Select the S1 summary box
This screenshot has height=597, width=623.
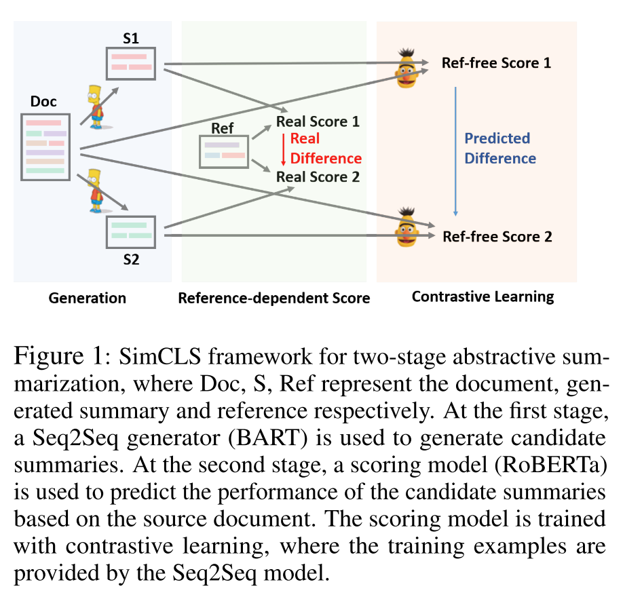coord(130,63)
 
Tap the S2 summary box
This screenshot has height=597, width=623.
coord(130,231)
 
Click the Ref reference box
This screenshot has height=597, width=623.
coord(223,151)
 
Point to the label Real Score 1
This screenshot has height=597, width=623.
coord(317,122)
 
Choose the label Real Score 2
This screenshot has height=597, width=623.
coord(317,177)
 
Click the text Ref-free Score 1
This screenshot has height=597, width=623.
coord(496,63)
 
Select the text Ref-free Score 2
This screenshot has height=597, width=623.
coord(497,237)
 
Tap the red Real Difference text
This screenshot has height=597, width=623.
coord(326,149)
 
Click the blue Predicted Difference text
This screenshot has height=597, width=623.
coord(499,148)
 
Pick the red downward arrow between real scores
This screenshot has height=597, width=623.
coord(283,149)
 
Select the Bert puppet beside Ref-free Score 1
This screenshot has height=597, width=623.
coord(407,66)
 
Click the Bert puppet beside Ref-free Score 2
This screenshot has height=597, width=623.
coord(407,227)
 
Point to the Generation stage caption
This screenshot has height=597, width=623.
coord(87,298)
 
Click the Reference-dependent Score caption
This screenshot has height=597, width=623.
coord(273,298)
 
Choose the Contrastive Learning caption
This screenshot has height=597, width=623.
coord(483,296)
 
